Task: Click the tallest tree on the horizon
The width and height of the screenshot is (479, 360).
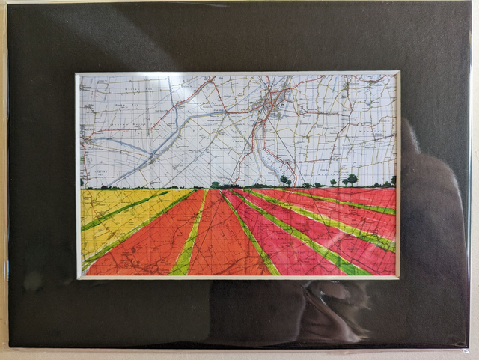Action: (352, 180)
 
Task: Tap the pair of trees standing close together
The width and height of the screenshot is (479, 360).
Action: (286, 180)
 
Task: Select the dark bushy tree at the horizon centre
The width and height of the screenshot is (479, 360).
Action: (216, 184)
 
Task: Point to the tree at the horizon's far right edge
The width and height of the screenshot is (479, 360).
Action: (393, 180)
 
